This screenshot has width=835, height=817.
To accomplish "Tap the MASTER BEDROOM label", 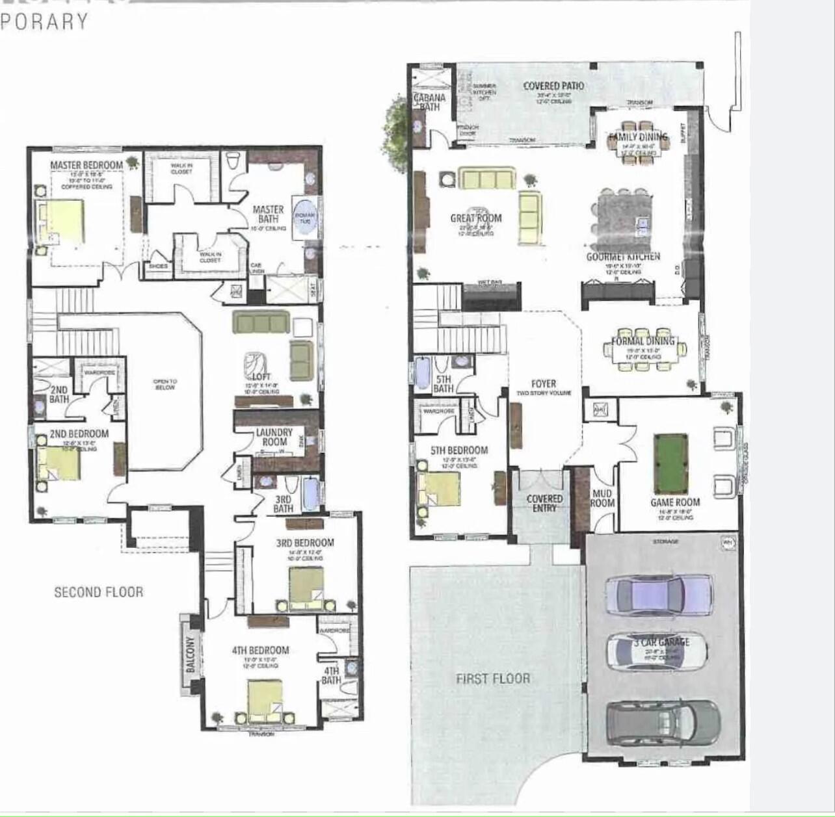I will [x=86, y=165].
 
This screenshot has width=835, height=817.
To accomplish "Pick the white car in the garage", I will [x=657, y=651].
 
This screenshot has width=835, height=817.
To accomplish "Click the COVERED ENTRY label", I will [x=544, y=503].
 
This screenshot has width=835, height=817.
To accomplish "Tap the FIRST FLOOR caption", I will [x=493, y=679].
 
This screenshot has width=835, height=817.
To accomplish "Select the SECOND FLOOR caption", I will [x=98, y=592].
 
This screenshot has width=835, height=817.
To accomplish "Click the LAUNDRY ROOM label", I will [x=274, y=437].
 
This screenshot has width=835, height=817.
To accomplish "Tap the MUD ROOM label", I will [x=602, y=498].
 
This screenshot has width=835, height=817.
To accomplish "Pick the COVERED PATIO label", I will [x=553, y=86].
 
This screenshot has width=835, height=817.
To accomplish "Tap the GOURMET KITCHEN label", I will [x=623, y=257].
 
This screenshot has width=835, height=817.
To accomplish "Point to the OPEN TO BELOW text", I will [x=164, y=384].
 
